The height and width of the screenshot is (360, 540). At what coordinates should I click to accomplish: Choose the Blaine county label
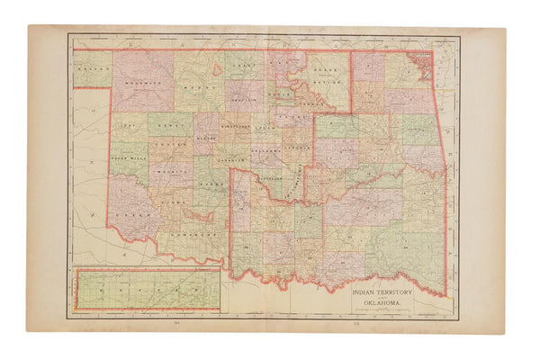coord(206,139)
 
